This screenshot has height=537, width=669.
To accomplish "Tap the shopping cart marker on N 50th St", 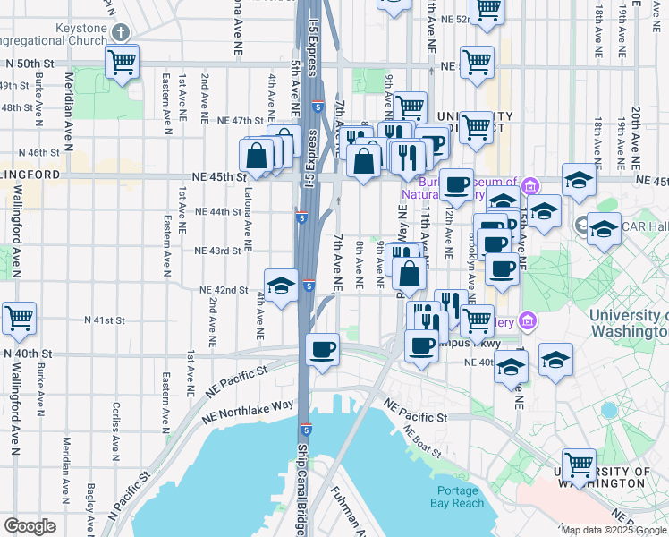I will coord(121,64).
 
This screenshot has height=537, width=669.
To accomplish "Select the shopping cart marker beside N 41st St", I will coord(18,319).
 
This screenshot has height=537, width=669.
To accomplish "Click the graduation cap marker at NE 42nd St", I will coord(281,286).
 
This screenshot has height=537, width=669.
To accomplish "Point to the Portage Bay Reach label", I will coord(460,496).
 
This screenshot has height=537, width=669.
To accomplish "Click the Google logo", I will coord(30,525).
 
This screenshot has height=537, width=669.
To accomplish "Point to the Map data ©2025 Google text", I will coord(614,530).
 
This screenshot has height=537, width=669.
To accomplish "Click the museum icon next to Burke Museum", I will coord(530,186).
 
